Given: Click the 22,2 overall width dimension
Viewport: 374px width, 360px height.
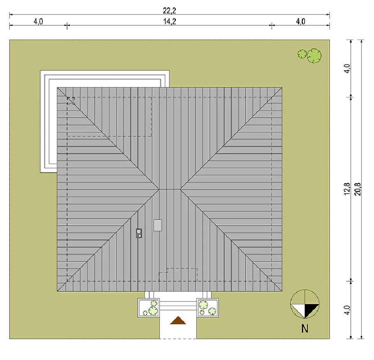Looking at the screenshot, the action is (x=170, y=10).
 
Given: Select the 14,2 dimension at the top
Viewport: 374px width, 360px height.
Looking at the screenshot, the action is (x=170, y=22).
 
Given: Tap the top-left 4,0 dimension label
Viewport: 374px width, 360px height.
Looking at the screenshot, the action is (x=38, y=22).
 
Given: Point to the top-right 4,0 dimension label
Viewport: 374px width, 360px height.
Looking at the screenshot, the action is (x=300, y=22).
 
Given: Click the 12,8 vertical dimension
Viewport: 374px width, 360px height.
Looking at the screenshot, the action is (x=347, y=189).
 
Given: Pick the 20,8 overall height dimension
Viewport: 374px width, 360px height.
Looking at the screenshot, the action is (x=358, y=189).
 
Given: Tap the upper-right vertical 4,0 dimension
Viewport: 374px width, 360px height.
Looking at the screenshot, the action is (x=347, y=69).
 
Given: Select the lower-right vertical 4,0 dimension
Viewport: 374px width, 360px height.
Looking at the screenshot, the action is (x=347, y=310).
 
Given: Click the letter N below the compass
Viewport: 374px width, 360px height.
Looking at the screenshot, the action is (x=305, y=328).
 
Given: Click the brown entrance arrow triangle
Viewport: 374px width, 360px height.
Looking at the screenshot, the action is (x=178, y=321).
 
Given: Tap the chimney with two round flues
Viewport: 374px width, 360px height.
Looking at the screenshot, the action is (x=139, y=233).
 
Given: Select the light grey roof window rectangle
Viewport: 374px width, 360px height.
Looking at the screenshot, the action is (x=157, y=225).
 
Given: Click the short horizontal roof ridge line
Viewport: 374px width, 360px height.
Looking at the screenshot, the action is (x=170, y=190).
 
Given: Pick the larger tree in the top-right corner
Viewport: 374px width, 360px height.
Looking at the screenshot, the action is (x=314, y=56).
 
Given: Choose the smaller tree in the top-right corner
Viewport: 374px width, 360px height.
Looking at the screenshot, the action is (x=302, y=54).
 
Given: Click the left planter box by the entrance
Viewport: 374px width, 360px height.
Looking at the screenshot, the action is (x=148, y=308).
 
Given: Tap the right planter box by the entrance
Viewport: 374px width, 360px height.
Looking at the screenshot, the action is (x=207, y=308).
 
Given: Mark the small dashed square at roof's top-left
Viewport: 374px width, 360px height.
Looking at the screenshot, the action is (x=71, y=101).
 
